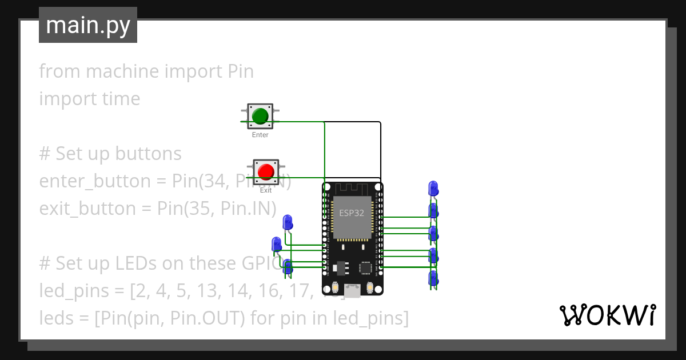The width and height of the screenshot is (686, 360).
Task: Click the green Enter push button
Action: (x=260, y=115)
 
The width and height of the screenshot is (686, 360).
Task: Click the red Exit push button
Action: (x=266, y=171)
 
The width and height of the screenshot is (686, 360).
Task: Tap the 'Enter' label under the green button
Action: (x=260, y=135)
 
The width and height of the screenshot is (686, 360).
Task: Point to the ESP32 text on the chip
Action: (x=352, y=213)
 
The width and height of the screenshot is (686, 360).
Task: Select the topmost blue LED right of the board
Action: (x=433, y=188)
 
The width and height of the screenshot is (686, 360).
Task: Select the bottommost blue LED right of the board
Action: (x=433, y=279)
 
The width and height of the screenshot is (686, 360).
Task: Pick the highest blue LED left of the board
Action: (x=288, y=222)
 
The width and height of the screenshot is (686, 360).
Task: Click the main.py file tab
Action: (x=88, y=25)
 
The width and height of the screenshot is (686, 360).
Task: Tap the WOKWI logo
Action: (x=607, y=315)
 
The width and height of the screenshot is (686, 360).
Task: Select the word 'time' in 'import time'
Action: (x=119, y=99)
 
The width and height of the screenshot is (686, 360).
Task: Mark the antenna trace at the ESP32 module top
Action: (x=352, y=189)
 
